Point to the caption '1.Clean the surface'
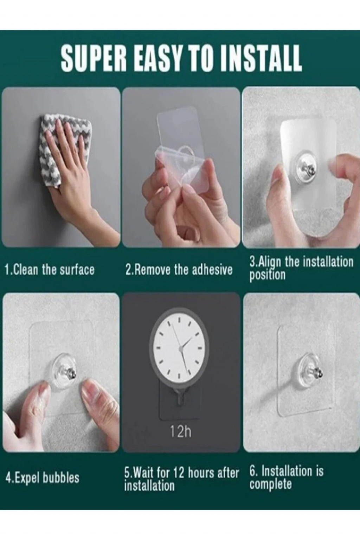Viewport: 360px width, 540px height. coord(50,270)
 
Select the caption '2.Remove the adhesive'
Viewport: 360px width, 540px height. coord(179,270)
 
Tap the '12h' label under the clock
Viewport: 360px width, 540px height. coord(181,431)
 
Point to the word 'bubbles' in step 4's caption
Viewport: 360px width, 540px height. coord(61,477)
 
